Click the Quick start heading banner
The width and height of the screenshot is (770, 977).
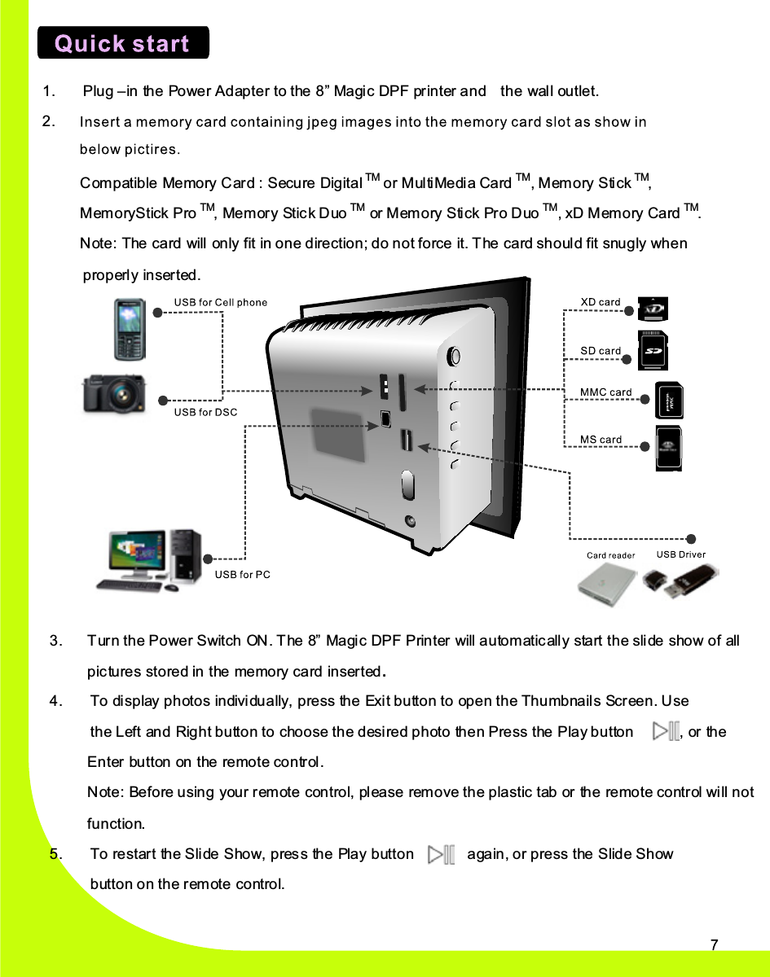tap(123, 43)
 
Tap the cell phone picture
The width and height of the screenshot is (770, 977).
tap(130, 329)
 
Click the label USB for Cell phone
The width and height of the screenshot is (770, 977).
tap(221, 303)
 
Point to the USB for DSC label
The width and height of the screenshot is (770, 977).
tap(206, 412)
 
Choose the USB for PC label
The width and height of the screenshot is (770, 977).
tap(242, 575)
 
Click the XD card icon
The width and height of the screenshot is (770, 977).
tap(653, 309)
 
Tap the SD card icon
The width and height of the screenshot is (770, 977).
tap(653, 351)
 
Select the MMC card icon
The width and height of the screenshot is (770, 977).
tap(670, 401)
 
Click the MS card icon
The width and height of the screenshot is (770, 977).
tap(669, 449)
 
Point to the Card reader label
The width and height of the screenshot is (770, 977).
tap(610, 555)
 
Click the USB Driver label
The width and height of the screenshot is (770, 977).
tap(681, 554)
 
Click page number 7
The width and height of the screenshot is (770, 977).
tap(714, 945)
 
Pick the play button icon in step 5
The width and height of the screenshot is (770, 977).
tap(441, 854)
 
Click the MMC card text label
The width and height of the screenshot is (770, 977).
tap(605, 392)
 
